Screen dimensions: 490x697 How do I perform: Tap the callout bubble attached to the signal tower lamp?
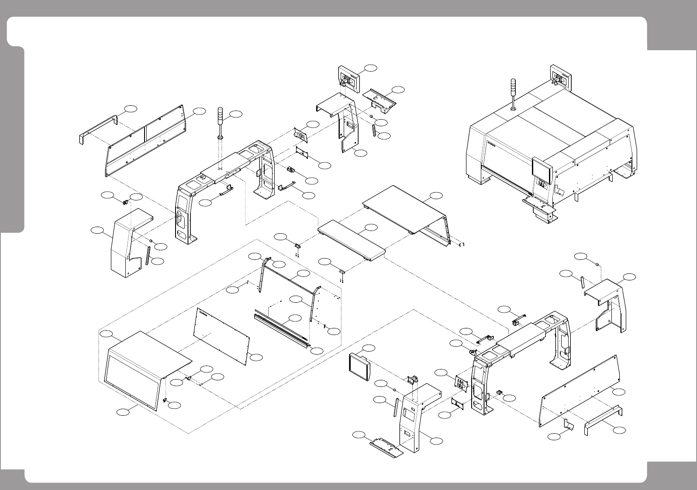[235, 114]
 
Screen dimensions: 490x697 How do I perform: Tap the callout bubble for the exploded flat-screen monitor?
[369, 348]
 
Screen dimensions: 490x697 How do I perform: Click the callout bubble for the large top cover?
[435, 194]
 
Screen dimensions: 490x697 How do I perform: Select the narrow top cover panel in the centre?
[352, 240]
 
